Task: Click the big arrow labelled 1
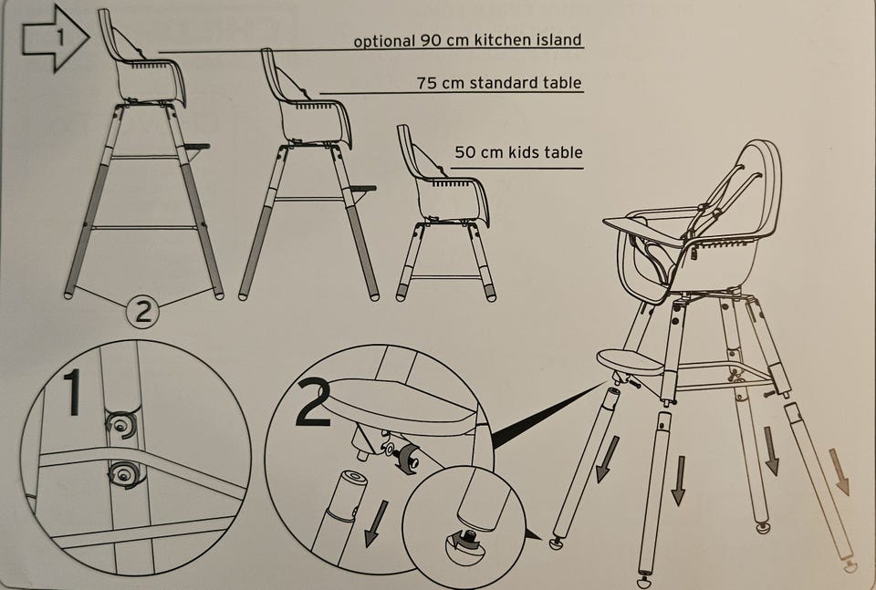point(56,37)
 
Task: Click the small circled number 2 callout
point(142,311)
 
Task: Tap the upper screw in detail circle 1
point(121,425)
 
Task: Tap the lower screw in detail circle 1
point(123,474)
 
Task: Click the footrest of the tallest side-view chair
point(197,147)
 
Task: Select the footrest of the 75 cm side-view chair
point(362,189)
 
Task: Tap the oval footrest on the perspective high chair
point(631,362)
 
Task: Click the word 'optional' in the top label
point(384,41)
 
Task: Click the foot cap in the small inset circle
point(464,544)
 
